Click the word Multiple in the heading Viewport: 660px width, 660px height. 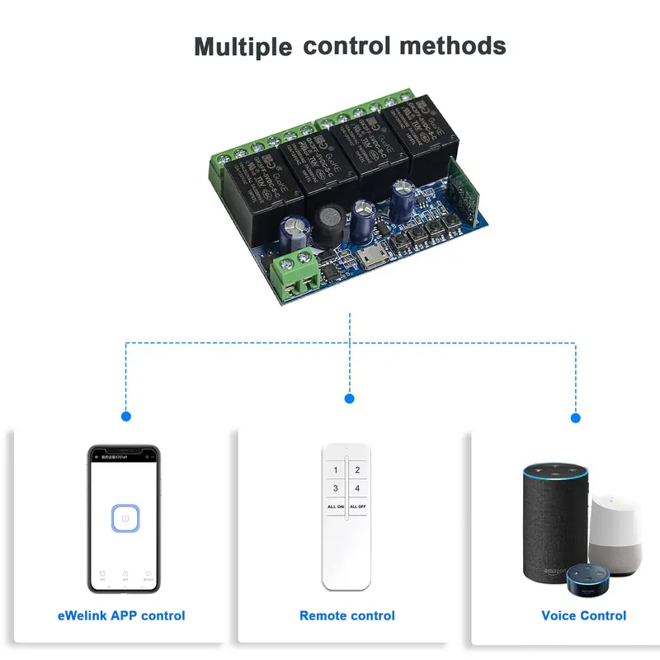pos(243,46)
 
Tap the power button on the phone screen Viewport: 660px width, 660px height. pos(124,519)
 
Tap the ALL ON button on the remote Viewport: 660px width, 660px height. pos(335,506)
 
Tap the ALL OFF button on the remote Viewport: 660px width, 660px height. pos(358,506)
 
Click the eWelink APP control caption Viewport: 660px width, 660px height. pos(121,615)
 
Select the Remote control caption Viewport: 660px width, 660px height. pos(347,615)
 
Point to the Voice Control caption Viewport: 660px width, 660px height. pos(583,615)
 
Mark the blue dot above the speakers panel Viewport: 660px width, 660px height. pos(575,417)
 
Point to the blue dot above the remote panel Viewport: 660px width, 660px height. pos(349,398)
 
